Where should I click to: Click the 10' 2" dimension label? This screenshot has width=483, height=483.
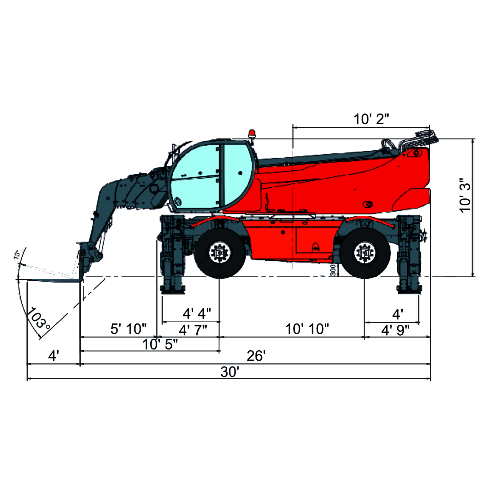[371, 119]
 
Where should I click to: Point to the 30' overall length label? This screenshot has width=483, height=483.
[230, 372]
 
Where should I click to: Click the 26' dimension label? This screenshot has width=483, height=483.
[256, 356]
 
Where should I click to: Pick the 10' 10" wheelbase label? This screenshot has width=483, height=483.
[307, 329]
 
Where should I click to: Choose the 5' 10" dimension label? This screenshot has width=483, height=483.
[128, 329]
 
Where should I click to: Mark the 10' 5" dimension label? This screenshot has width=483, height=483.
[160, 344]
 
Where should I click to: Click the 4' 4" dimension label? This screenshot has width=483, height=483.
[196, 314]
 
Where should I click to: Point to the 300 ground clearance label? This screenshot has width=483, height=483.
[333, 270]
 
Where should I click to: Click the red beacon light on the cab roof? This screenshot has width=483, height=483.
[252, 133]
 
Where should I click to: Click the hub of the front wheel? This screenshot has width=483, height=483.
[219, 253]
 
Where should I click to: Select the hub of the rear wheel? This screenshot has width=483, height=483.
[364, 253]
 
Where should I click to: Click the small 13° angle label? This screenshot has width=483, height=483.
[17, 255]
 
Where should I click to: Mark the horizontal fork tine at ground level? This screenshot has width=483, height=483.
[54, 280]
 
